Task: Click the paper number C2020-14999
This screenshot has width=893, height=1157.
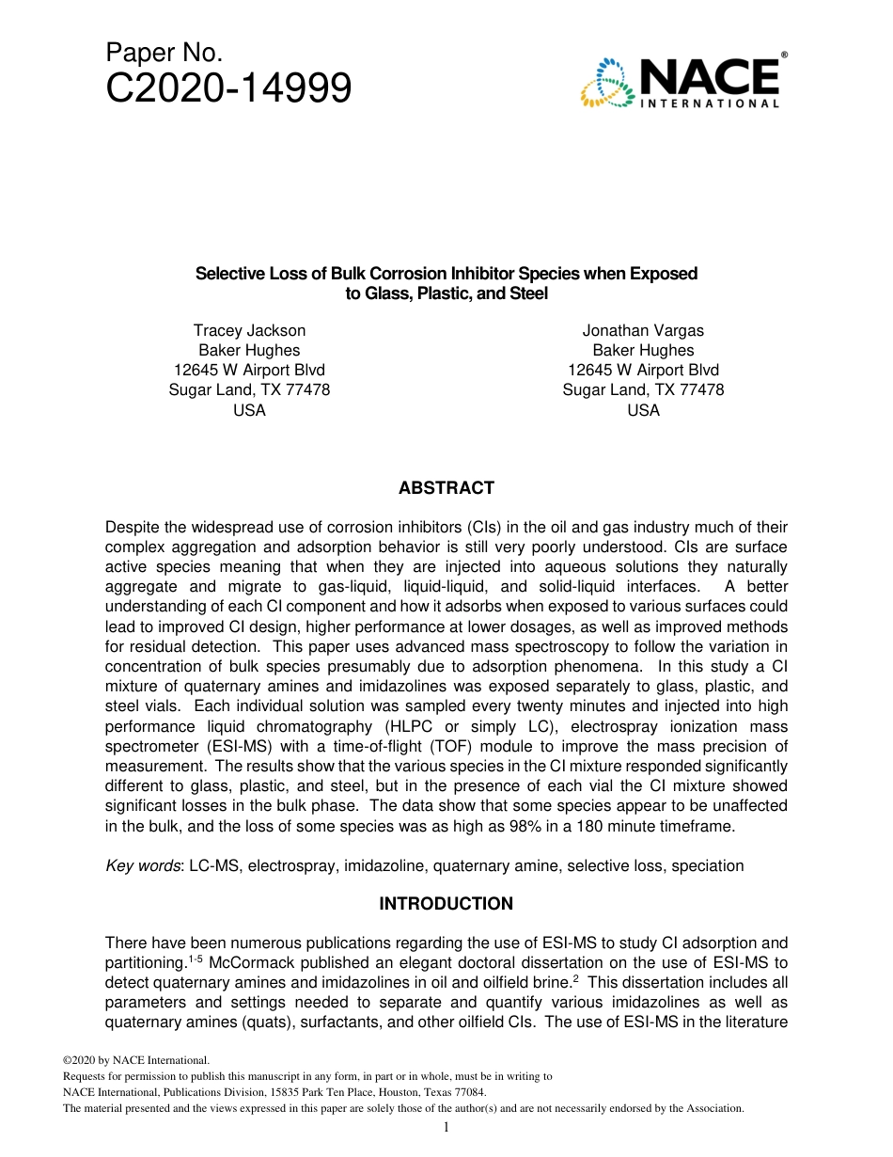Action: coord(228,89)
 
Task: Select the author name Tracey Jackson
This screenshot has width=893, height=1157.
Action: coord(249,330)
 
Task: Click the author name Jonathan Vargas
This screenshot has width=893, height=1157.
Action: coord(643,330)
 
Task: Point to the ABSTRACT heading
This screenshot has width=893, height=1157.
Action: coord(446,488)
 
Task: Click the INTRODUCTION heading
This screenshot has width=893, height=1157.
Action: coord(446,904)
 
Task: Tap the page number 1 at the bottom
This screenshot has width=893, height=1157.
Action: coord(446,1127)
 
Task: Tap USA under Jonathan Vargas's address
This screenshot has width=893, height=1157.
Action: coord(643,410)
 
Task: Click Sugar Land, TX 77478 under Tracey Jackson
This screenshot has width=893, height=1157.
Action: coord(249,389)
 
